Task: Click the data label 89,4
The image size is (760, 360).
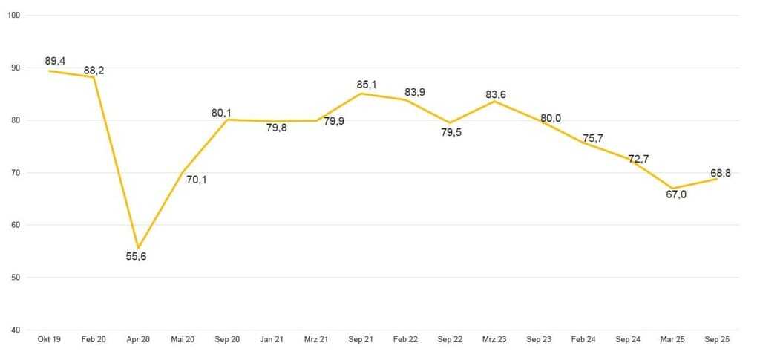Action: (54, 60)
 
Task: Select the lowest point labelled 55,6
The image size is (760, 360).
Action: (138, 248)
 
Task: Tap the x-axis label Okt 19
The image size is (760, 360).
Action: (49, 339)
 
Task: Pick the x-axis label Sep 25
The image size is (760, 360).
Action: (717, 339)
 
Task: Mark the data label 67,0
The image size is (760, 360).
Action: (675, 194)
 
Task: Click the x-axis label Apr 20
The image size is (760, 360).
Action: (138, 339)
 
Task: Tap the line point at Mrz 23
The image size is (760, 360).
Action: (494, 101)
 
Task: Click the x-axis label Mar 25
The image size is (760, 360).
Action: (672, 339)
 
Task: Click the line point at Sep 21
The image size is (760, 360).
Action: (361, 93)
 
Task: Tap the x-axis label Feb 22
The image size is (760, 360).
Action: (405, 339)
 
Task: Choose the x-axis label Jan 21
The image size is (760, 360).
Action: (272, 339)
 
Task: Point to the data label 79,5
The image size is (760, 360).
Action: (450, 133)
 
